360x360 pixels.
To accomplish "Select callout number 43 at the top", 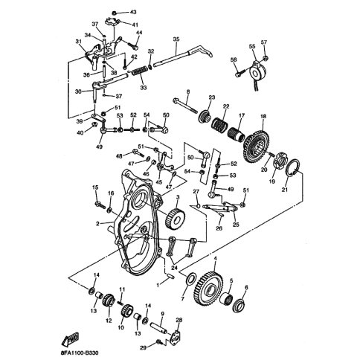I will (x=134, y=13).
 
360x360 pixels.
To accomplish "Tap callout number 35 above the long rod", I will (x=176, y=39).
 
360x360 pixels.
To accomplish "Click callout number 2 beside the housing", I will (x=97, y=222).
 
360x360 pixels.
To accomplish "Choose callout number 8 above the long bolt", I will (x=187, y=91).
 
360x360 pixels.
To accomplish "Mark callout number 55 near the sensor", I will (x=252, y=47).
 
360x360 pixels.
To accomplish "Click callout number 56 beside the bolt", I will (x=233, y=60).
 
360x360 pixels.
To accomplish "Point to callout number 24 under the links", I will (x=176, y=267).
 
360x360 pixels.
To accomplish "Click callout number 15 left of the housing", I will (x=95, y=187).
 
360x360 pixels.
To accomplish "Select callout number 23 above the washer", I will (x=211, y=97).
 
